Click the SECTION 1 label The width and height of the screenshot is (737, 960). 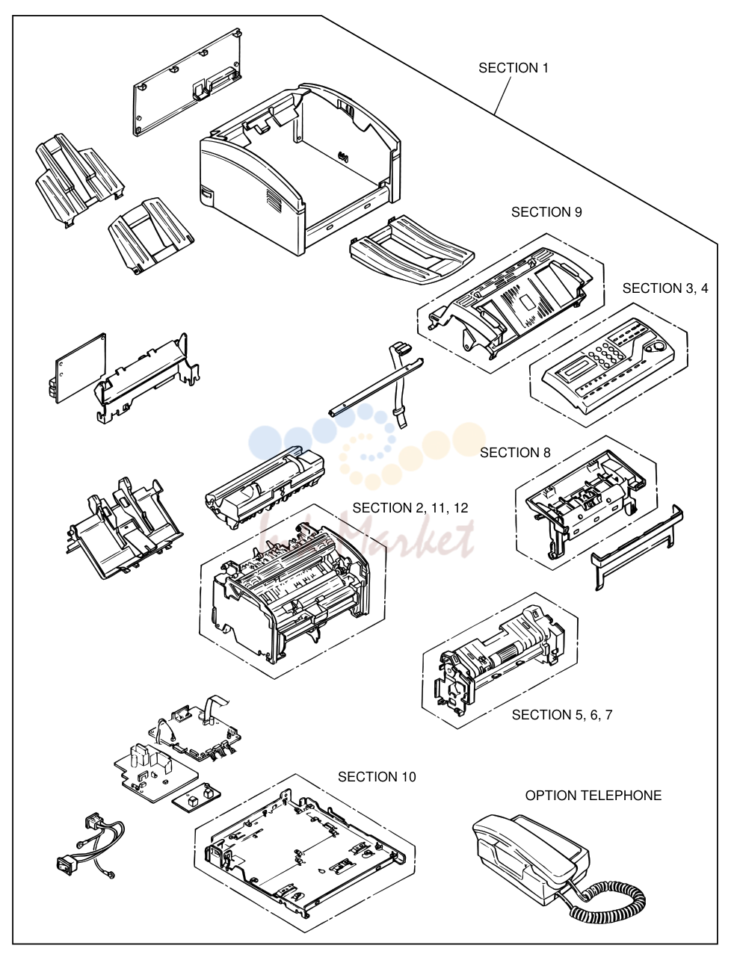coord(513,68)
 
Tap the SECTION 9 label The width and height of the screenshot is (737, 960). coord(546,212)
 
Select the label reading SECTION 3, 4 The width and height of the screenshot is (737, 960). coord(665,288)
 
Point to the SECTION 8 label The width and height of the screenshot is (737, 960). coord(515,453)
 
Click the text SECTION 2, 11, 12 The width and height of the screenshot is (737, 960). coord(410,508)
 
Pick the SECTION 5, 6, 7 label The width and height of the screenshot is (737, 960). coord(562,715)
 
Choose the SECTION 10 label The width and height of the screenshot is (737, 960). coord(377,777)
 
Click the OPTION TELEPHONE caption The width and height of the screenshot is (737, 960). coord(593,795)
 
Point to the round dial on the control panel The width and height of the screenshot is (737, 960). coord(656,347)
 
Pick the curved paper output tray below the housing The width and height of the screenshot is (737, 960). coord(412,250)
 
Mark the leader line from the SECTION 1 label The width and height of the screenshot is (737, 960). coord(503,96)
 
